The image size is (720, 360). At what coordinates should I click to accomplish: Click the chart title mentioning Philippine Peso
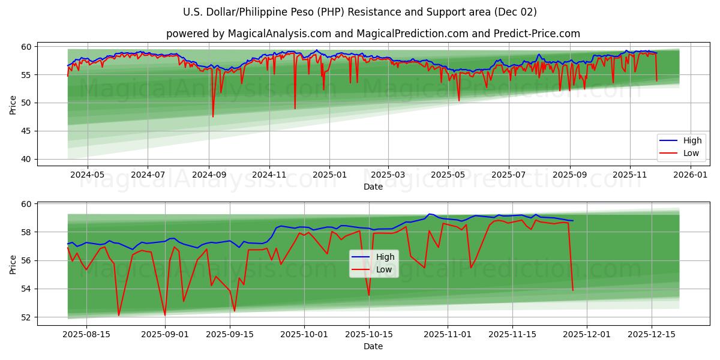(x=360, y=12)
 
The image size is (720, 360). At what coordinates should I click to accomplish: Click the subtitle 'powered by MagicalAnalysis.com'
(x=373, y=34)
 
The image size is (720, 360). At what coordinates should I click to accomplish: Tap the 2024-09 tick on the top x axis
(x=209, y=175)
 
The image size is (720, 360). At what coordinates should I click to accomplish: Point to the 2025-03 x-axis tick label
(x=388, y=175)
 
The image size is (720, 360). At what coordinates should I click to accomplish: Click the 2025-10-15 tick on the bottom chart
(x=368, y=334)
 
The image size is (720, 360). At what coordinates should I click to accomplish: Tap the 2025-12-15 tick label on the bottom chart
(x=651, y=334)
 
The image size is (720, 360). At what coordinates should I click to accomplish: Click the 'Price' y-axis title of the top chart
(x=13, y=104)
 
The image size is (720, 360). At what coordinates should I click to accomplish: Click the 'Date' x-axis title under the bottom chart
(x=373, y=346)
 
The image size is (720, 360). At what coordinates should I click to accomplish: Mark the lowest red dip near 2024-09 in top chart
(x=213, y=116)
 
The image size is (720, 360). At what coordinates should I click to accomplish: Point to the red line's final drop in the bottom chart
(x=572, y=290)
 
